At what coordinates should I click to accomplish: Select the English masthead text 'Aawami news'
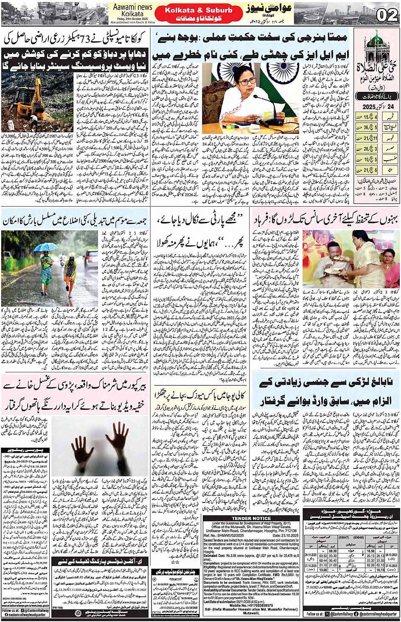click(x=132, y=7)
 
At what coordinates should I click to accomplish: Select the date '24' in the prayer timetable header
click(x=389, y=106)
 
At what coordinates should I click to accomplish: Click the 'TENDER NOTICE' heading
click(x=251, y=518)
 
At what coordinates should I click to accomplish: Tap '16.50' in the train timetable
click(x=370, y=551)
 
